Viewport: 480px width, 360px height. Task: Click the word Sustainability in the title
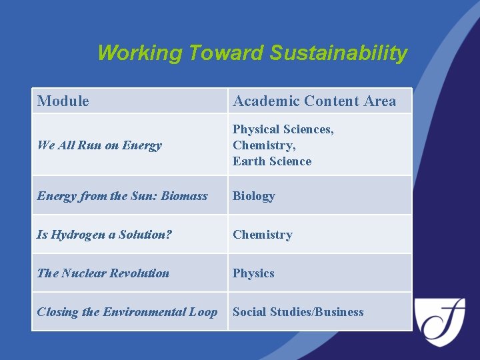[x=338, y=53]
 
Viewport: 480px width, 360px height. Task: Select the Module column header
[x=63, y=101]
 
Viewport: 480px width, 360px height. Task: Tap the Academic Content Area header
[x=314, y=101]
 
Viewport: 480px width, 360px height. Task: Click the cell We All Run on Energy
[x=99, y=145]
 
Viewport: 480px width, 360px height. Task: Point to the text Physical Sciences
[x=283, y=129]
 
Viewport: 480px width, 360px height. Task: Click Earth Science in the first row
[x=272, y=161]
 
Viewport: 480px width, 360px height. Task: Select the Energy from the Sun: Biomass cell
[x=122, y=196]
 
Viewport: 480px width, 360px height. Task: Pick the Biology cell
[x=253, y=196]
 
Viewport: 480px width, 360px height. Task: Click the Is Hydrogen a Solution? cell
[x=104, y=235]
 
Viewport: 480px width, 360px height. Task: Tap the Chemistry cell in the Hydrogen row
[x=262, y=235]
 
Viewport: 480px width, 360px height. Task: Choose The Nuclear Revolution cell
[x=103, y=273]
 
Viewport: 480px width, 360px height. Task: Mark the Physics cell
[x=253, y=273]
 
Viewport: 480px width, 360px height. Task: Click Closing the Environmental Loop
[x=127, y=312]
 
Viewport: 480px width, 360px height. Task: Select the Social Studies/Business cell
[x=298, y=312]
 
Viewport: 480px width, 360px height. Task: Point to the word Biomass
[x=184, y=196]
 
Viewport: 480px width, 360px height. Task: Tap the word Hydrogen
[x=75, y=235]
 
